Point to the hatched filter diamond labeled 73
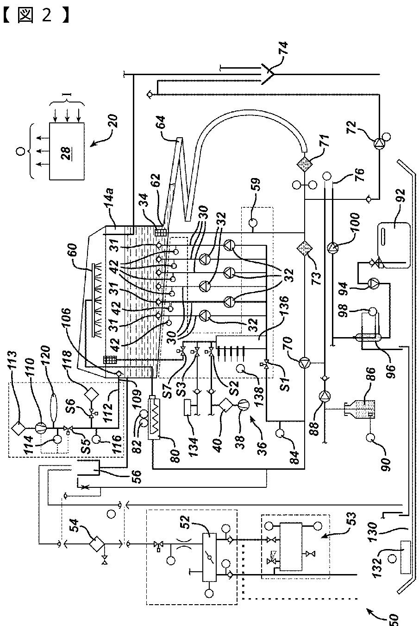coord(305,249)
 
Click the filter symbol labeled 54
coord(96,543)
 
